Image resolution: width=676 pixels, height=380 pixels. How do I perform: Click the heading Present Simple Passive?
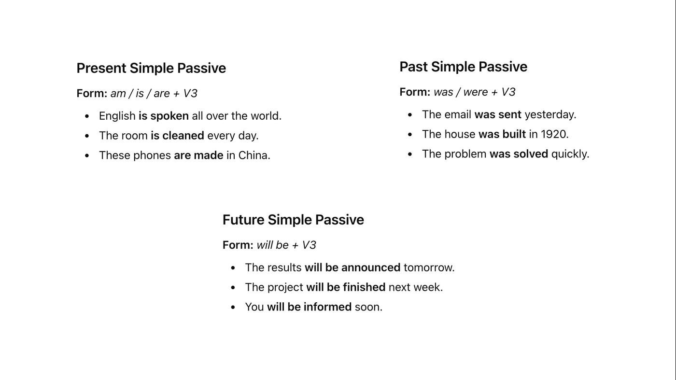[x=151, y=68]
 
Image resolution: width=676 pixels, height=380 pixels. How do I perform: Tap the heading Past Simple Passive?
[x=463, y=67]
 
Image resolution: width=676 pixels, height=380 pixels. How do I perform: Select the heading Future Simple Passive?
[x=293, y=220]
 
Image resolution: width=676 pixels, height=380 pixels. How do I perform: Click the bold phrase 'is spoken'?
[x=164, y=116]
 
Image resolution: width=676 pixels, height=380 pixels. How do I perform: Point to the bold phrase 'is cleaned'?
[x=178, y=136]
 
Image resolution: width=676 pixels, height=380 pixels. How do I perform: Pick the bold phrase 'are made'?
[x=198, y=155]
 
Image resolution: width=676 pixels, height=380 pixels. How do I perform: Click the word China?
[x=254, y=155]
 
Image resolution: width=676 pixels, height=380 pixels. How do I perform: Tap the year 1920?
[x=554, y=134]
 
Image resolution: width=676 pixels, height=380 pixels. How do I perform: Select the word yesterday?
[x=550, y=115]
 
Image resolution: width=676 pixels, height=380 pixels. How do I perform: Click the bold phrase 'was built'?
[x=502, y=134]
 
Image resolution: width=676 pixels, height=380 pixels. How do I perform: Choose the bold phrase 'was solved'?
[x=519, y=154]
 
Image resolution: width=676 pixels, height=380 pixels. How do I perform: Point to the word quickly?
[x=570, y=154]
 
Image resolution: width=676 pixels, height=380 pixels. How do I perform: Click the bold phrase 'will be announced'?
[x=352, y=267]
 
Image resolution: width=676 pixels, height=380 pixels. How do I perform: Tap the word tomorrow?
[x=429, y=267]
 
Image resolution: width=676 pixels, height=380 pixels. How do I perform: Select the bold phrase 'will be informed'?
[x=310, y=307]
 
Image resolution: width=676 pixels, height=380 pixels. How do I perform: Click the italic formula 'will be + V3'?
[x=286, y=245]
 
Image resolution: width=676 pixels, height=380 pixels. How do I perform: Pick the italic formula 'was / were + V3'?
[x=474, y=92]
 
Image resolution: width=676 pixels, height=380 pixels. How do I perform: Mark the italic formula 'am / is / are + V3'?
[x=154, y=94]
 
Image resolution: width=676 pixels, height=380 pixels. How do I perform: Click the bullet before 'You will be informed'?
[x=233, y=307]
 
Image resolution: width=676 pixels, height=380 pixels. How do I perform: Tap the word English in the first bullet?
[x=117, y=116]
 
